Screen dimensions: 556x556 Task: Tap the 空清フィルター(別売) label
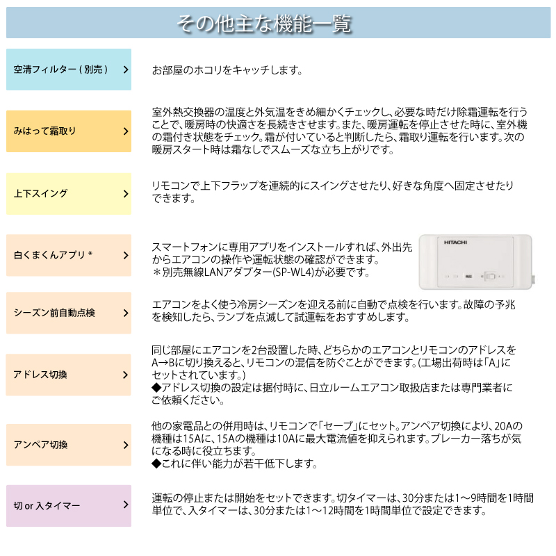click(x=61, y=69)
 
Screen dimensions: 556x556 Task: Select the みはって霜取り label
click(x=45, y=131)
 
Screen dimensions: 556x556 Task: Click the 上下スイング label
click(x=41, y=193)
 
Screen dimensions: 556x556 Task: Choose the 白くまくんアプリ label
click(x=53, y=255)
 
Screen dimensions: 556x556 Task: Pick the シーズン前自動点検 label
click(x=54, y=313)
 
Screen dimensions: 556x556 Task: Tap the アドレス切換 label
click(x=40, y=375)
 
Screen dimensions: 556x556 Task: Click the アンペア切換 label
click(x=40, y=445)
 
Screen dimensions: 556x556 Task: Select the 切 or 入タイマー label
click(x=47, y=505)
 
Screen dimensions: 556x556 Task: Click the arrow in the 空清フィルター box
click(x=126, y=69)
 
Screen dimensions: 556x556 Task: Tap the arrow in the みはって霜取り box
click(x=126, y=131)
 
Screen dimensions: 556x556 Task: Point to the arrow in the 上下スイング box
click(x=126, y=193)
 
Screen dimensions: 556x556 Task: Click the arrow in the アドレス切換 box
click(x=126, y=375)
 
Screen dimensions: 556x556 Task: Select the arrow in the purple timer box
click(x=126, y=505)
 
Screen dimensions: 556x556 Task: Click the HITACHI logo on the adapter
click(x=456, y=242)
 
